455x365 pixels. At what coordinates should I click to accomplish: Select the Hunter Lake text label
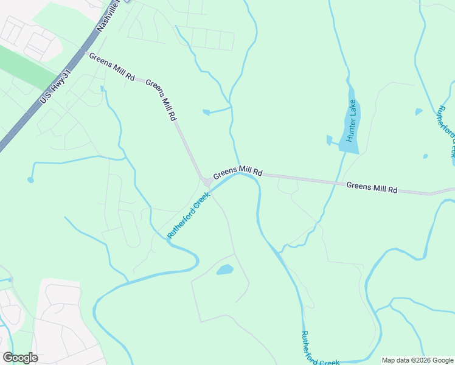351,121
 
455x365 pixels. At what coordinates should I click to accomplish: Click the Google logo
20,358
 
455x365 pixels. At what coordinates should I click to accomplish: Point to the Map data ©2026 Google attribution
417,360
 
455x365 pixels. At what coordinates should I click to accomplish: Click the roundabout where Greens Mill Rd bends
207,182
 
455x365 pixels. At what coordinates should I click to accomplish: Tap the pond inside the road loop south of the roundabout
225,269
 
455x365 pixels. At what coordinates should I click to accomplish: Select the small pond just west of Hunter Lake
329,141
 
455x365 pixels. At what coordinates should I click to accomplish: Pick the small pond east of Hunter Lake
419,112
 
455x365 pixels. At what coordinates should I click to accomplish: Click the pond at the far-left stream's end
30,180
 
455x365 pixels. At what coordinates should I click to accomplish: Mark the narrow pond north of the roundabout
206,112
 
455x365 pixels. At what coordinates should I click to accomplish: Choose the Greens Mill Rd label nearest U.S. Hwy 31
112,68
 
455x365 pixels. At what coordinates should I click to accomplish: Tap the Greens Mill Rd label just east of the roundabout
237,171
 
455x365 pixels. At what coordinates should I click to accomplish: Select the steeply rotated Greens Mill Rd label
161,100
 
